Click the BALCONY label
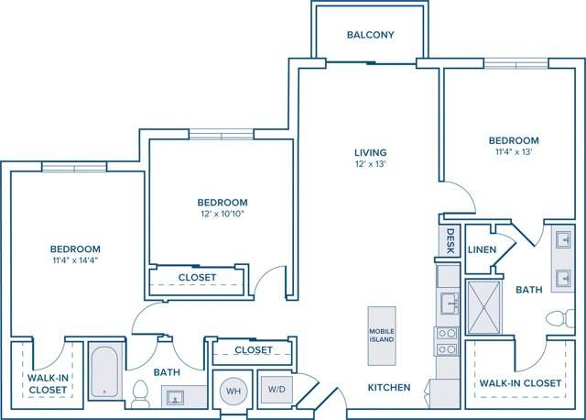[371, 36]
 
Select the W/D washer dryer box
[276, 389]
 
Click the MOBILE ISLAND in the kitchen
[382, 335]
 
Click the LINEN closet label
[482, 249]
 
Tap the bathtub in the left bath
[105, 371]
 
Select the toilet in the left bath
[139, 394]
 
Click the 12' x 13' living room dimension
[371, 164]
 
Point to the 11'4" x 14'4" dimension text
[75, 260]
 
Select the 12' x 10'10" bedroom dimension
[222, 215]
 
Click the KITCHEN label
[389, 388]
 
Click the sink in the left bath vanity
[179, 396]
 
